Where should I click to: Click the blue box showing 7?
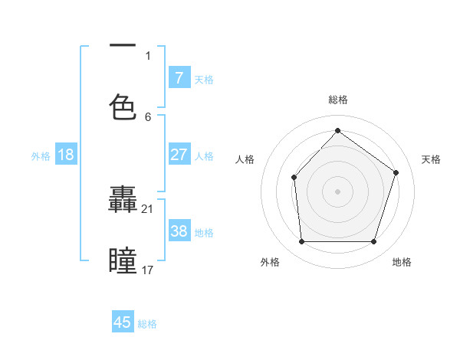179,77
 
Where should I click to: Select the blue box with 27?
179,154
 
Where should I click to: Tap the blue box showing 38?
179,231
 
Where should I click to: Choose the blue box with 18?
66,154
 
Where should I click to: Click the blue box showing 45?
123,322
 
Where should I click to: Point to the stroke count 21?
149,208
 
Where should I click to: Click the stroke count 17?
149,270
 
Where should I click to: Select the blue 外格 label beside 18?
41,155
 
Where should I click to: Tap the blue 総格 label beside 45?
147,324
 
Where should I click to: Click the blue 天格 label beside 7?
204,79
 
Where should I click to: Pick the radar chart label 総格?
337,100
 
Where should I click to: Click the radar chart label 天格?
432,159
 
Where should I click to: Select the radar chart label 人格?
245,159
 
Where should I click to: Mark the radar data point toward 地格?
373,242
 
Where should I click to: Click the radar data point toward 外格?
301,242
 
